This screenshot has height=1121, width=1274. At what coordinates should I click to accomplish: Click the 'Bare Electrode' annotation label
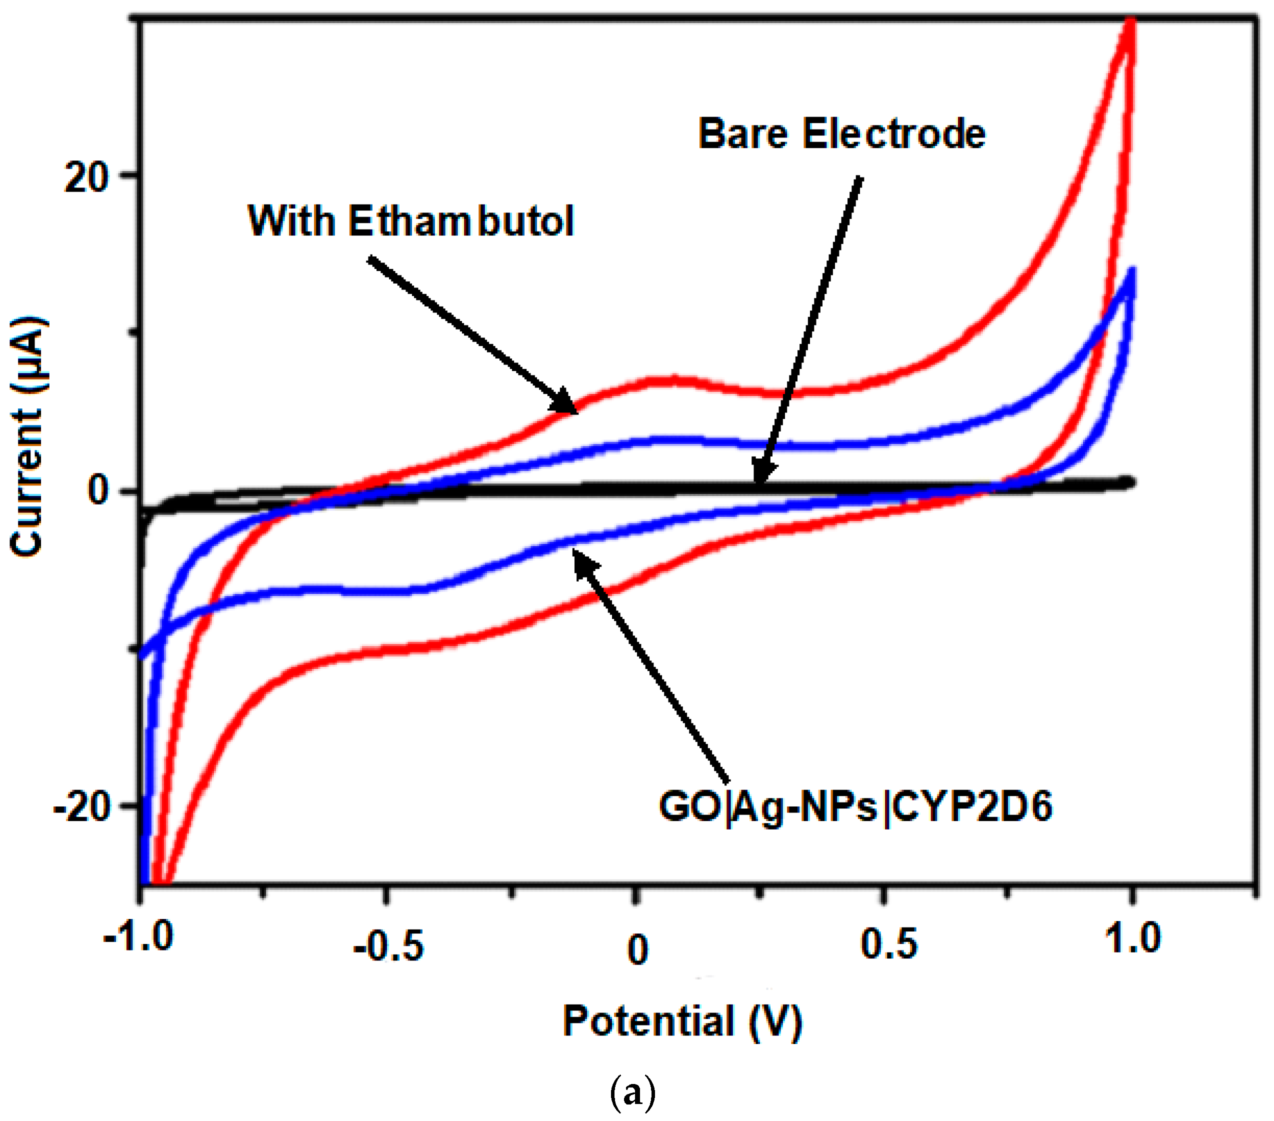(x=841, y=134)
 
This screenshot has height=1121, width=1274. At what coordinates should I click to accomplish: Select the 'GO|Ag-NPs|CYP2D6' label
(x=855, y=807)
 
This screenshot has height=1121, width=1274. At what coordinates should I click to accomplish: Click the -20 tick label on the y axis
(x=81, y=809)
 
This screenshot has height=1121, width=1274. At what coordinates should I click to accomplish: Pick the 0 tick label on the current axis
(x=98, y=491)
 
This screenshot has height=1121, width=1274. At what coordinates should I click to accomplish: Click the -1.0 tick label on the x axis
(x=138, y=936)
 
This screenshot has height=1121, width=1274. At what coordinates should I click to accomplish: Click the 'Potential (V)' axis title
(x=682, y=1022)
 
